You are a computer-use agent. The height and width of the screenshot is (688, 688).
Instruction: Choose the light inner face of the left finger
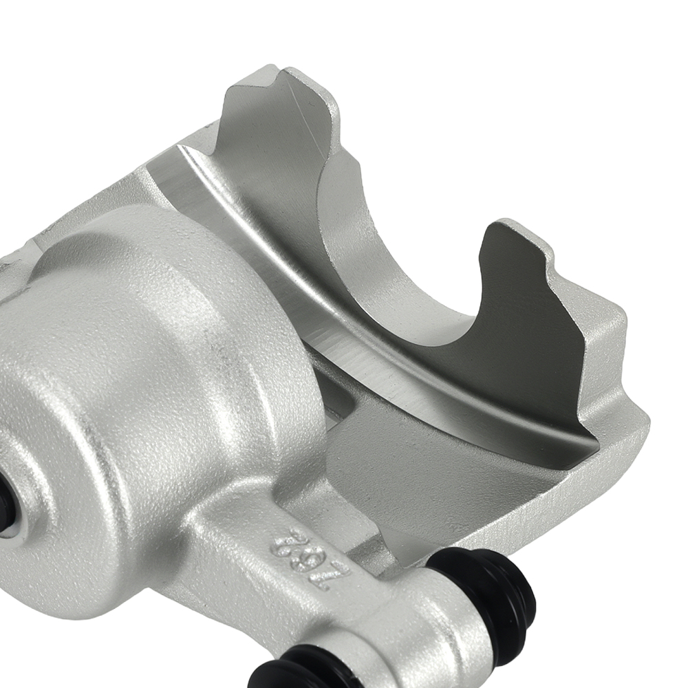(275, 172)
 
